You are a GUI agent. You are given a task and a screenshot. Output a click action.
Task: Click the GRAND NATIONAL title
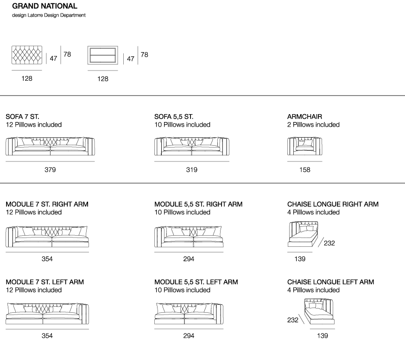pyautogui.click(x=44, y=6)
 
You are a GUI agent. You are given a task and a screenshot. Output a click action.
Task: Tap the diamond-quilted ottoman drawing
pyautogui.click(x=27, y=56)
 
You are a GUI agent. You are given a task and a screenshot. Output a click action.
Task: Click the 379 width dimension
pyautogui.click(x=50, y=170)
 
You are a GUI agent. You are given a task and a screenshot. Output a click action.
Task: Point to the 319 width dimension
pyautogui.click(x=191, y=170)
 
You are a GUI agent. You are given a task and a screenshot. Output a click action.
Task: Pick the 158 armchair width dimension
pyautogui.click(x=304, y=170)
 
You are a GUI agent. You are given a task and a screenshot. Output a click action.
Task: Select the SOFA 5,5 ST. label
pyautogui.click(x=174, y=116)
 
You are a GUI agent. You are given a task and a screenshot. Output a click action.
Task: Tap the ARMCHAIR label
pyautogui.click(x=304, y=116)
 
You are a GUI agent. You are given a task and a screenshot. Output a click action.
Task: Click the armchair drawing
pyautogui.click(x=304, y=146)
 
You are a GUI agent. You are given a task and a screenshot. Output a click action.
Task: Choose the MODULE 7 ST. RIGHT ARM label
pyautogui.click(x=47, y=204)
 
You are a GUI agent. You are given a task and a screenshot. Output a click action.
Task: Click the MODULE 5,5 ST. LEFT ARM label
pyautogui.click(x=196, y=282)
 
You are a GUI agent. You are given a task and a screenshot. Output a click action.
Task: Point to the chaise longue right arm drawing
pyautogui.click(x=303, y=235)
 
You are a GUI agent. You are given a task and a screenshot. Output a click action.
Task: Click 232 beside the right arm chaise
pyautogui.click(x=329, y=243)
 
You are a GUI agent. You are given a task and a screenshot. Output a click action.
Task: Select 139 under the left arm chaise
pyautogui.click(x=323, y=336)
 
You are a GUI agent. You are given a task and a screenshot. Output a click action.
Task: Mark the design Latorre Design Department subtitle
pyautogui.click(x=49, y=15)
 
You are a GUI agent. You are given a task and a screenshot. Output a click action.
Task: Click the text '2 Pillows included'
pyautogui.click(x=313, y=125)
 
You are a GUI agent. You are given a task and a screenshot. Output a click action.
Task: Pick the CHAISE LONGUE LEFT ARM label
pyautogui.click(x=330, y=282)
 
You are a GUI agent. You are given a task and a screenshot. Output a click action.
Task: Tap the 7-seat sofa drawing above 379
pyautogui.click(x=50, y=146)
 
